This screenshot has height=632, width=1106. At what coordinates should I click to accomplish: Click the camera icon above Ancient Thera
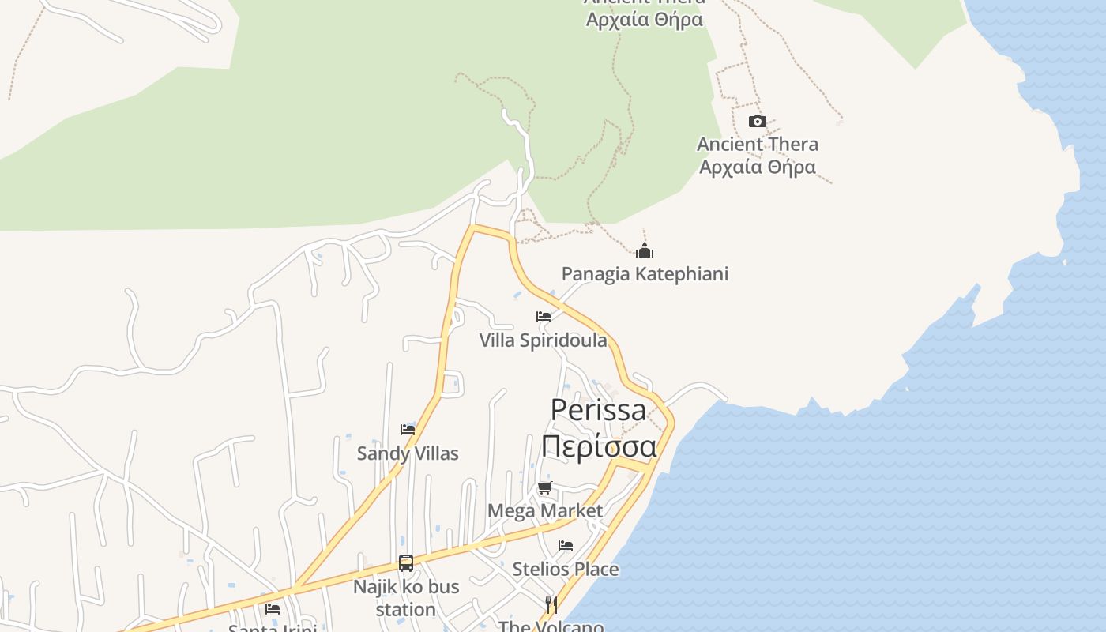757,121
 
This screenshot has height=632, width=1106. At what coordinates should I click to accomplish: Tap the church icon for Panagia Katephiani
645,251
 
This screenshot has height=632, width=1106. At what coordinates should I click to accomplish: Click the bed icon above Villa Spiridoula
544,317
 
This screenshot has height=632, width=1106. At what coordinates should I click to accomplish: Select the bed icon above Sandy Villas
408,430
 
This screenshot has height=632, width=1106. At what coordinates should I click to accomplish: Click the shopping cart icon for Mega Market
544,488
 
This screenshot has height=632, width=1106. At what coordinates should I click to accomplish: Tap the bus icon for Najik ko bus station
406,563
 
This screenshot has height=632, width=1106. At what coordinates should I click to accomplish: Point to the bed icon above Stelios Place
566,546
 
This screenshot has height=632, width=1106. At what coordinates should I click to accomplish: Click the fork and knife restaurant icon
551,605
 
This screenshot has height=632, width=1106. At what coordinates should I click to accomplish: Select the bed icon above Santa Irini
273,608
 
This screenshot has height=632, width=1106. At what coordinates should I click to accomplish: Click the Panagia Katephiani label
645,274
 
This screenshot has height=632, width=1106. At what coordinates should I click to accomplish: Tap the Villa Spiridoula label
544,340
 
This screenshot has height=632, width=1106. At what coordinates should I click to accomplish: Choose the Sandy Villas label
408,453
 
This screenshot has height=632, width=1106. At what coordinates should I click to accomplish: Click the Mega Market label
545,511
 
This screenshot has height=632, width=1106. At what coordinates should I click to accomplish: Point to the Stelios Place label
566,569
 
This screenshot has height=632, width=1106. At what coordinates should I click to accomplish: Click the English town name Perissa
598,410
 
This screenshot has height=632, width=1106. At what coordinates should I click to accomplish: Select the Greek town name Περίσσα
599,446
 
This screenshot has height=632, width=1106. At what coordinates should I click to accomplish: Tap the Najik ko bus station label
406,598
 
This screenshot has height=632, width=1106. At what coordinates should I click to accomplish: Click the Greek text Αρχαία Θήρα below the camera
758,167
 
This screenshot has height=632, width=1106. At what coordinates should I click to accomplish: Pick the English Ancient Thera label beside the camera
758,145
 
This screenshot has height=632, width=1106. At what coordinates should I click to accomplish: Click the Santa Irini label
273,627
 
